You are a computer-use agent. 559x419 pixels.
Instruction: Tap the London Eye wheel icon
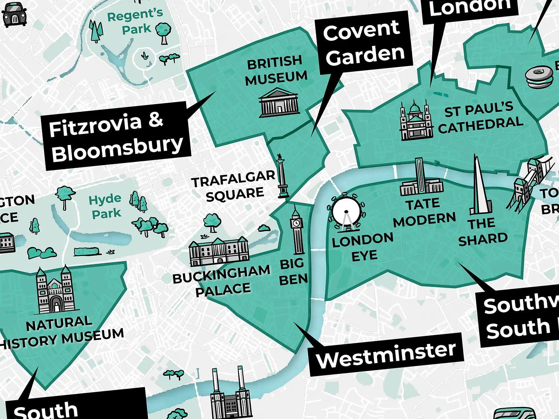tap(346, 212)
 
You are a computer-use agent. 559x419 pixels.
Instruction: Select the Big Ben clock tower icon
tap(297, 230)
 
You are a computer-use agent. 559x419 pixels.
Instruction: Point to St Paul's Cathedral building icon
tap(416, 121)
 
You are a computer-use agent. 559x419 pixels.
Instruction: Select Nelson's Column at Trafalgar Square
tap(282, 177)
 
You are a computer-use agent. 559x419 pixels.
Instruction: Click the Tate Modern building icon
tap(421, 180)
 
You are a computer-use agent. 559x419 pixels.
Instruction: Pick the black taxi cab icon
tap(14, 15)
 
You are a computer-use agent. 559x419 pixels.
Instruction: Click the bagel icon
tap(539, 78)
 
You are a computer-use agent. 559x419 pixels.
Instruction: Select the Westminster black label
tap(386, 354)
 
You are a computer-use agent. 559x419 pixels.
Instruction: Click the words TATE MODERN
tap(424, 212)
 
